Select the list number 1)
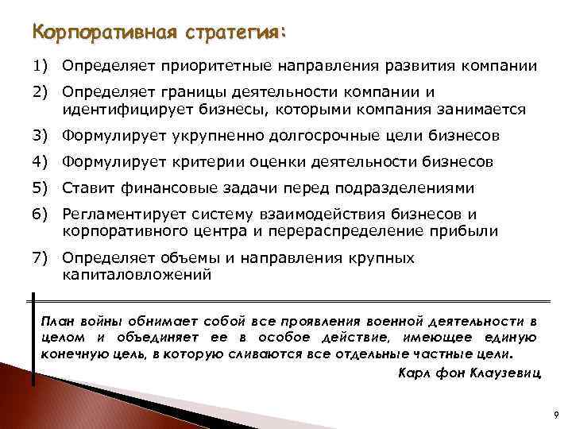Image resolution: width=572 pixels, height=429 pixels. (41, 64)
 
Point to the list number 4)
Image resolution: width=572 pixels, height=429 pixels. (41, 162)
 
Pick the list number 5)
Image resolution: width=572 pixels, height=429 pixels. (41, 188)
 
